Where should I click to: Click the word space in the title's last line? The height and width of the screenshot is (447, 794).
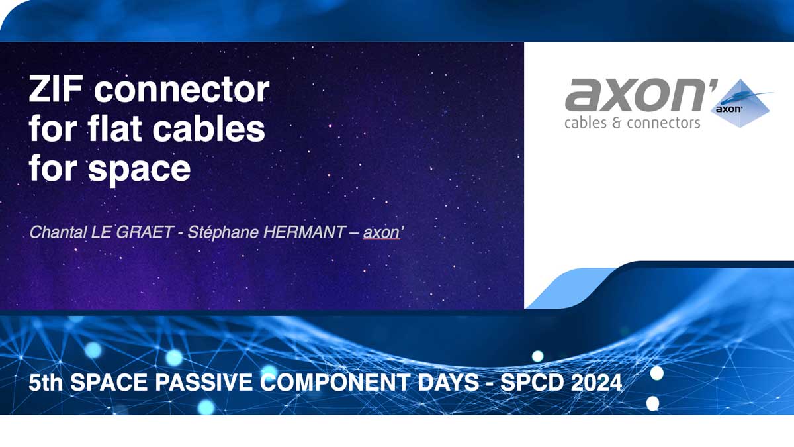point(140,170)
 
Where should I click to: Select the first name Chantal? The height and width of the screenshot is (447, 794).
point(58,232)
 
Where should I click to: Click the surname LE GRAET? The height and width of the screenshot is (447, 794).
point(132,232)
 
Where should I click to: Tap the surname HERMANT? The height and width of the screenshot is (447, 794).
point(304,232)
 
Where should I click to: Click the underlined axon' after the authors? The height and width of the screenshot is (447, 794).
point(383,233)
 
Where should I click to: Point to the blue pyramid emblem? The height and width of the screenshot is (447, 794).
point(740,103)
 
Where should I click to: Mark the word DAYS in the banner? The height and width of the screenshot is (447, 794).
point(449,383)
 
